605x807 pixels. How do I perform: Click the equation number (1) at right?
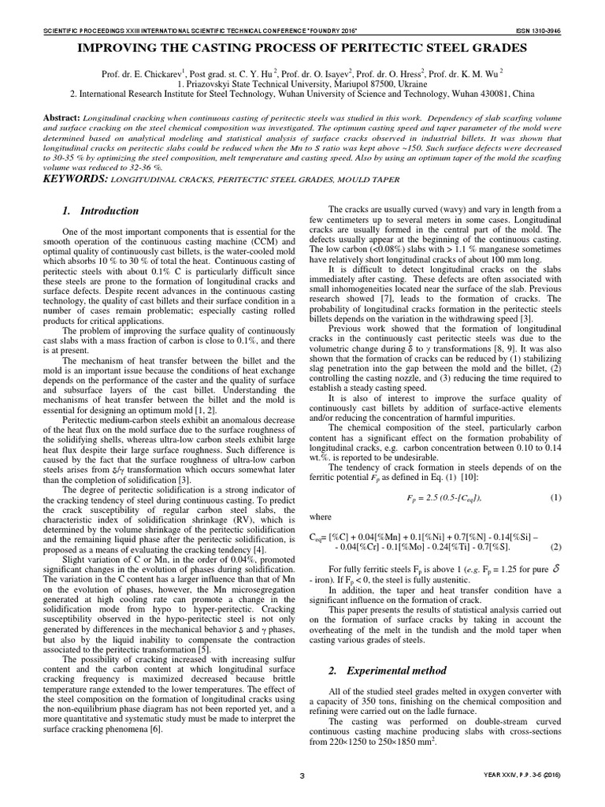coord(555,497)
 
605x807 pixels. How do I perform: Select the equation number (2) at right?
coord(555,546)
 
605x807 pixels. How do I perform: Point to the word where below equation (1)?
coord(321,517)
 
